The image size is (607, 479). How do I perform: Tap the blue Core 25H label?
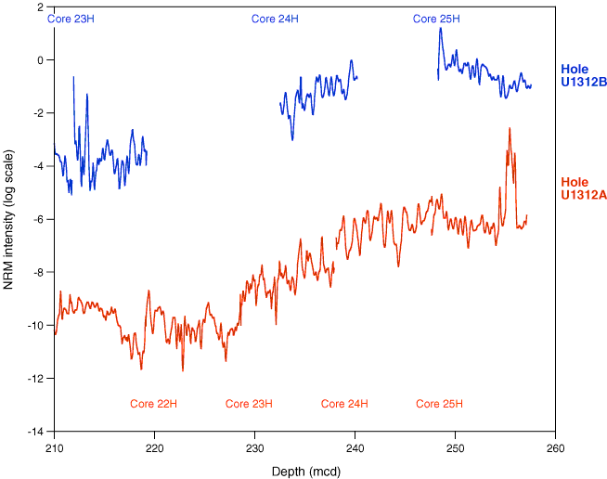coord(436,19)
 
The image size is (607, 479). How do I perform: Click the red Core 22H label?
coord(154,404)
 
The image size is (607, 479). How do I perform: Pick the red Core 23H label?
coord(250,404)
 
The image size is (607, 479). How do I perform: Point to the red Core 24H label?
coord(345,404)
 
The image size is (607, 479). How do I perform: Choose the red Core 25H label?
coord(440,404)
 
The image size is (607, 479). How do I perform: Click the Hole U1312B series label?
coord(583,75)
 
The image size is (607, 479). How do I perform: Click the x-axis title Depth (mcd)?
coord(305,471)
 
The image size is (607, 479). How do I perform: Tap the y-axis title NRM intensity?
coord(10,220)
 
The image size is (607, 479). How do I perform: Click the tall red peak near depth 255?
coord(510,130)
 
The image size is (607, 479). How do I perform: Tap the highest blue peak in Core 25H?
coord(441,29)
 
